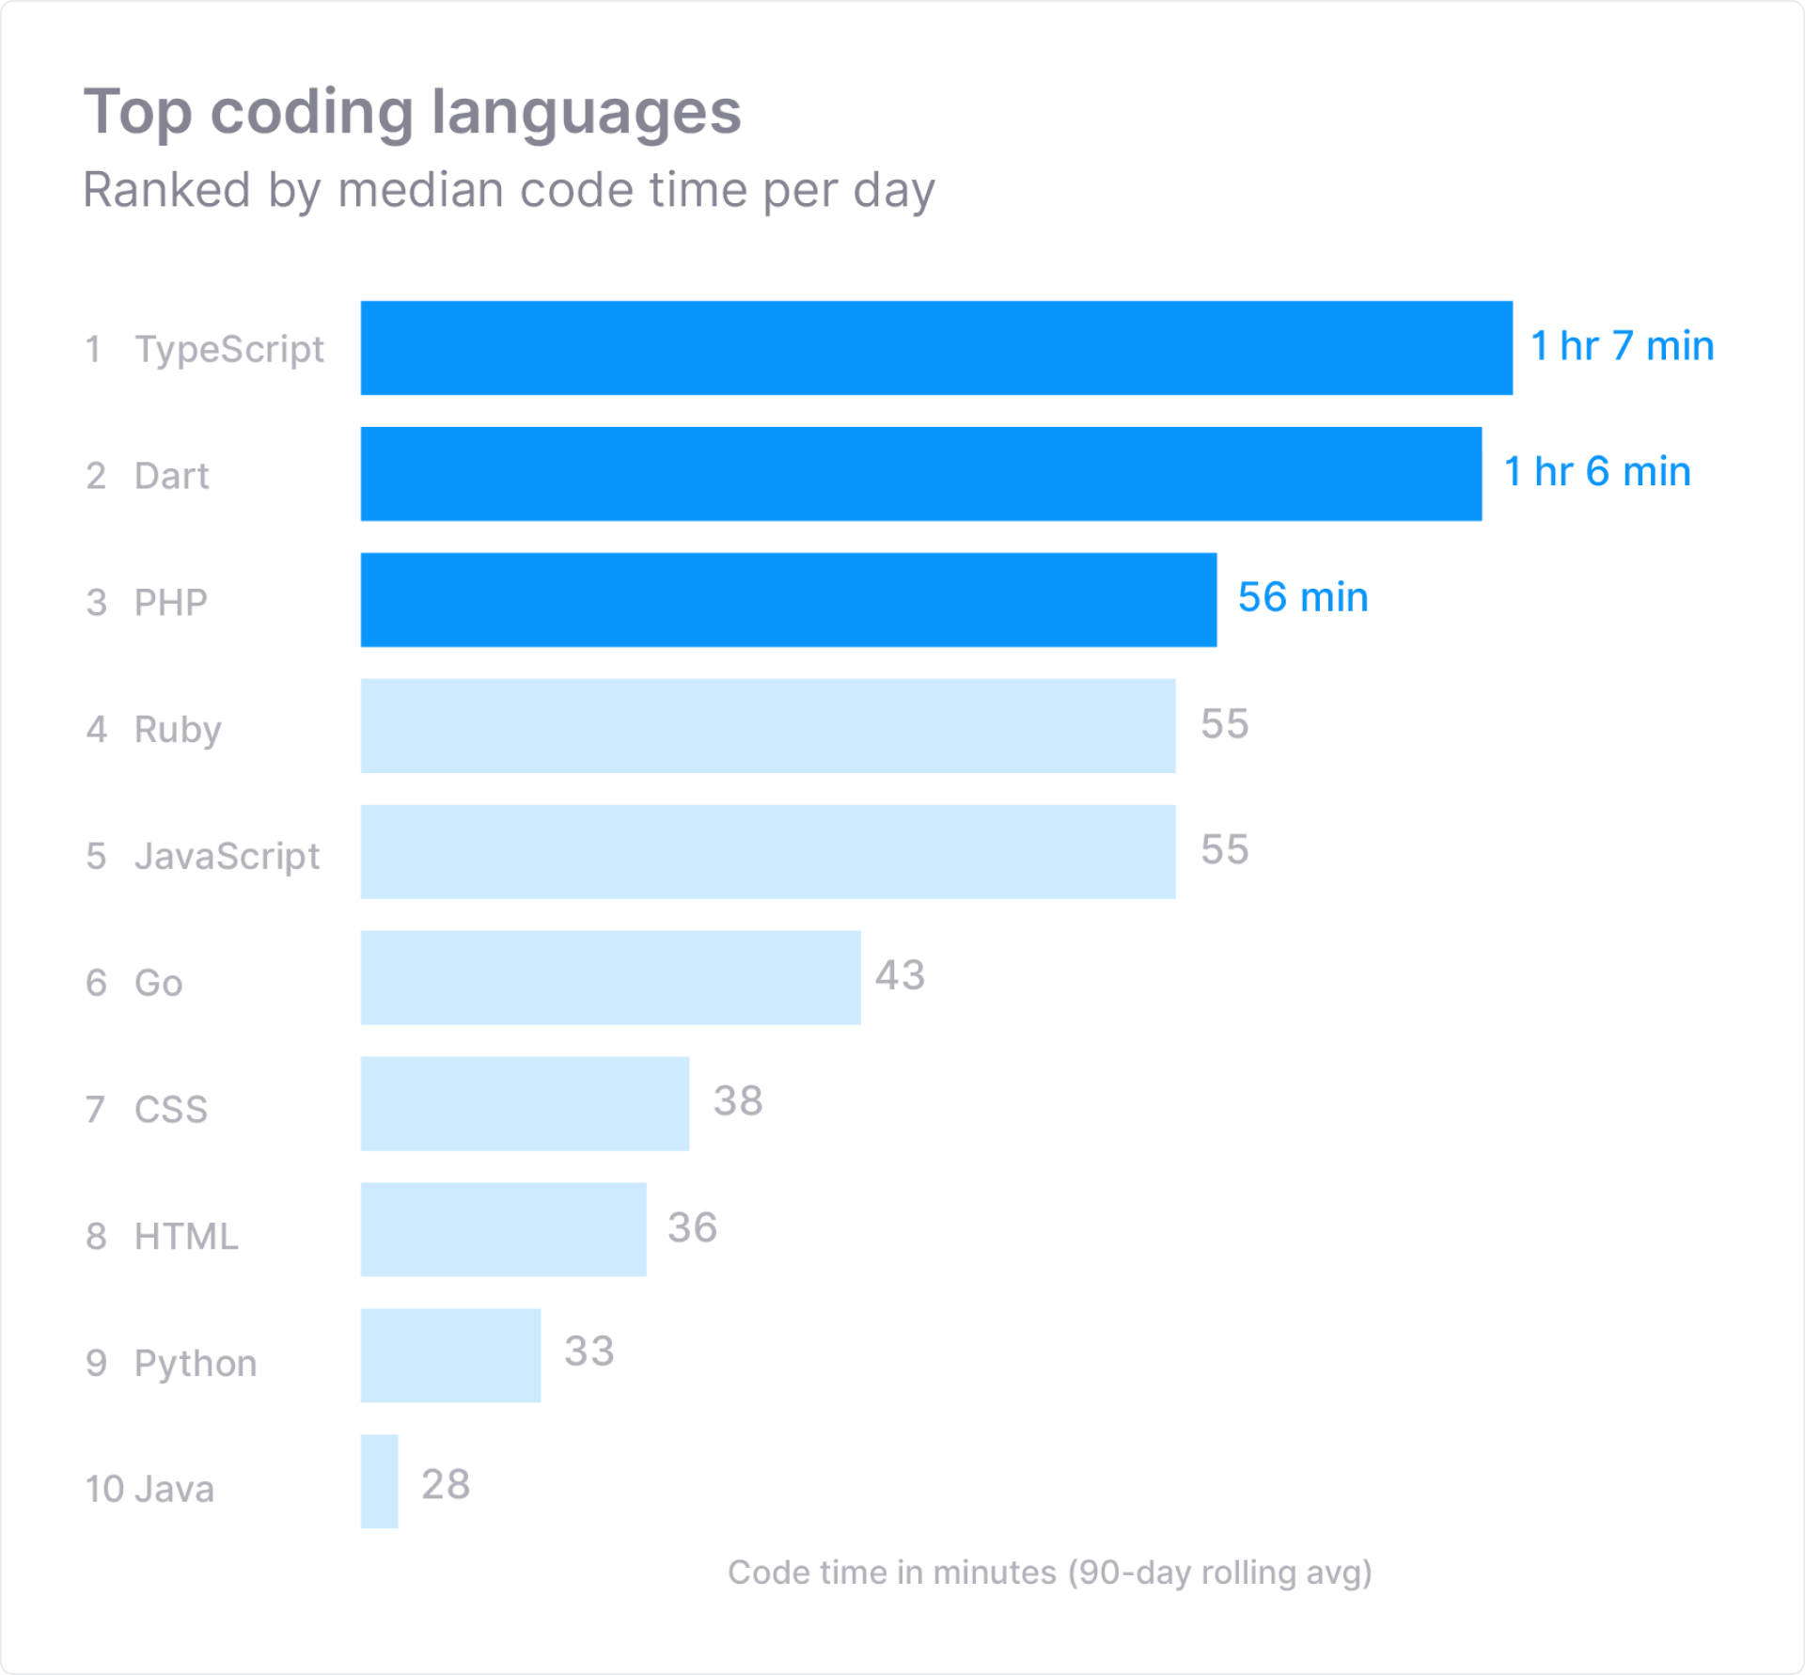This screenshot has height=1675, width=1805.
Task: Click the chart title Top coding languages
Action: pyautogui.click(x=412, y=112)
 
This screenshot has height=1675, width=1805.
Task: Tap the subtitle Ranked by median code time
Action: pyautogui.click(x=509, y=190)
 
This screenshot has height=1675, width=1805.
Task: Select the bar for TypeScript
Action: pyautogui.click(x=936, y=348)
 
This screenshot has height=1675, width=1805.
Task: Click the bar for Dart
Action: pyautogui.click(x=921, y=474)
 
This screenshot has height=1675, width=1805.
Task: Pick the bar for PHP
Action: pyautogui.click(x=788, y=600)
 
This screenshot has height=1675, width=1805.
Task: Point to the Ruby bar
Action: pyautogui.click(x=767, y=726)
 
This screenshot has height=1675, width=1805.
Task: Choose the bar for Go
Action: pyautogui.click(x=610, y=978)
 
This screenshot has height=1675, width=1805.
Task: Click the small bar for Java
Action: pyautogui.click(x=379, y=1481)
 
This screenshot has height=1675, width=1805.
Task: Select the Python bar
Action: pyautogui.click(x=450, y=1355)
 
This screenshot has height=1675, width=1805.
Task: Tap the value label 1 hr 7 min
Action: pyautogui.click(x=1622, y=346)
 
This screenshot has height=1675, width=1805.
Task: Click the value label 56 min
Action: pyautogui.click(x=1302, y=597)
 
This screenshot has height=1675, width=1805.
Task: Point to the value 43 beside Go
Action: pyautogui.click(x=900, y=975)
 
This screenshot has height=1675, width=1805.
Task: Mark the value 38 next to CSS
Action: pyautogui.click(x=737, y=1101)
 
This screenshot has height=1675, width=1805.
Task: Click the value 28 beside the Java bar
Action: pyautogui.click(x=445, y=1485)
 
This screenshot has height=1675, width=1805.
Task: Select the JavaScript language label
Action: pyautogui.click(x=227, y=856)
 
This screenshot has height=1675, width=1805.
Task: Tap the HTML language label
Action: pyautogui.click(x=186, y=1236)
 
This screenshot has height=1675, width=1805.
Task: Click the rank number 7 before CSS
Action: pyautogui.click(x=95, y=1110)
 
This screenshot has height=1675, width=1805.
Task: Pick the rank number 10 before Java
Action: pyautogui.click(x=103, y=1490)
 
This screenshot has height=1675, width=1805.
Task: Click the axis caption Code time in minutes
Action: pyautogui.click(x=1049, y=1572)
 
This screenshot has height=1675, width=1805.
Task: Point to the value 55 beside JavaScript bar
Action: pyautogui.click(x=1224, y=850)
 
